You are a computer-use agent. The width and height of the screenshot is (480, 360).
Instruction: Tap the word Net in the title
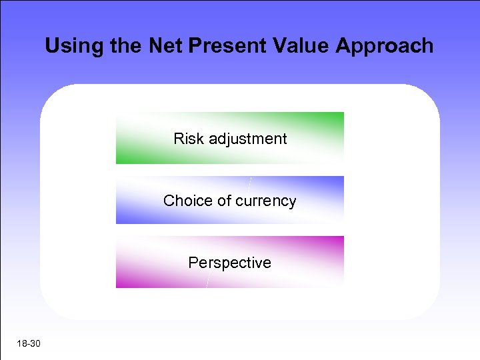pos(157,46)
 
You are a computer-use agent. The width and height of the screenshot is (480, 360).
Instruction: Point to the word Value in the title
pos(300,46)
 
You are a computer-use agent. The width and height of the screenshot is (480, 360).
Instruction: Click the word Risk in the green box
pos(189,139)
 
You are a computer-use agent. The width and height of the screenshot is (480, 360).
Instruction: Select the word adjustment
pos(247,139)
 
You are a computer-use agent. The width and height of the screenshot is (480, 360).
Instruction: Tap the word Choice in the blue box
pos(187,201)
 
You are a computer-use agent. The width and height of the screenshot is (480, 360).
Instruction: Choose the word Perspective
pos(229,263)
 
